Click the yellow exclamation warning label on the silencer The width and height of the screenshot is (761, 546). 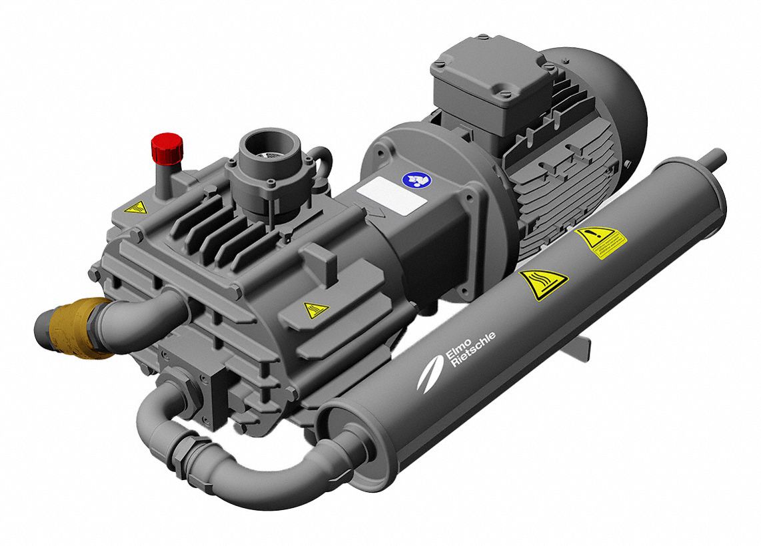(x=601, y=240)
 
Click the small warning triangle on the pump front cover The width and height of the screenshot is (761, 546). (x=315, y=309)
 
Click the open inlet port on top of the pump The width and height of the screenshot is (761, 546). (x=265, y=144)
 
